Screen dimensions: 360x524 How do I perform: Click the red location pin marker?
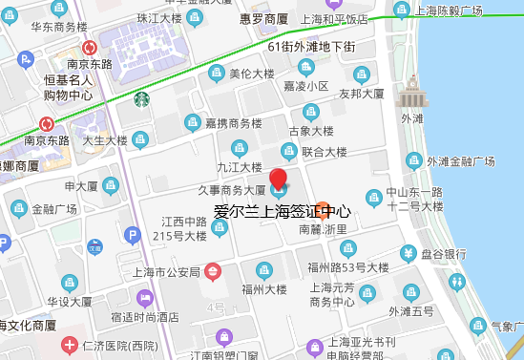(x=278, y=179)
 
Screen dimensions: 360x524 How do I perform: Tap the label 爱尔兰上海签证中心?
(x=282, y=212)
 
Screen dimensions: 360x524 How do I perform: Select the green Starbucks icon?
(x=141, y=97)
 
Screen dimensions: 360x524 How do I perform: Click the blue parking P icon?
(x=132, y=235)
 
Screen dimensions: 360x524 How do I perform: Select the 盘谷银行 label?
(x=442, y=254)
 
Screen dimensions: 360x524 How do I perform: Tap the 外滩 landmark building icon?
(x=411, y=94)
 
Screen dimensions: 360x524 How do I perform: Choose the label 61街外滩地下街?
(x=311, y=46)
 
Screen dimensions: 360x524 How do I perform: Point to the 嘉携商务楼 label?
(x=233, y=123)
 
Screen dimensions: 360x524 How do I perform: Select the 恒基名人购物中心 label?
(x=68, y=87)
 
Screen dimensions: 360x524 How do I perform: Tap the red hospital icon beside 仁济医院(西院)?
(x=69, y=344)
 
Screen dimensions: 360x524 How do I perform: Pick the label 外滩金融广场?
(x=461, y=160)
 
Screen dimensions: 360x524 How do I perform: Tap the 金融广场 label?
(x=54, y=209)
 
